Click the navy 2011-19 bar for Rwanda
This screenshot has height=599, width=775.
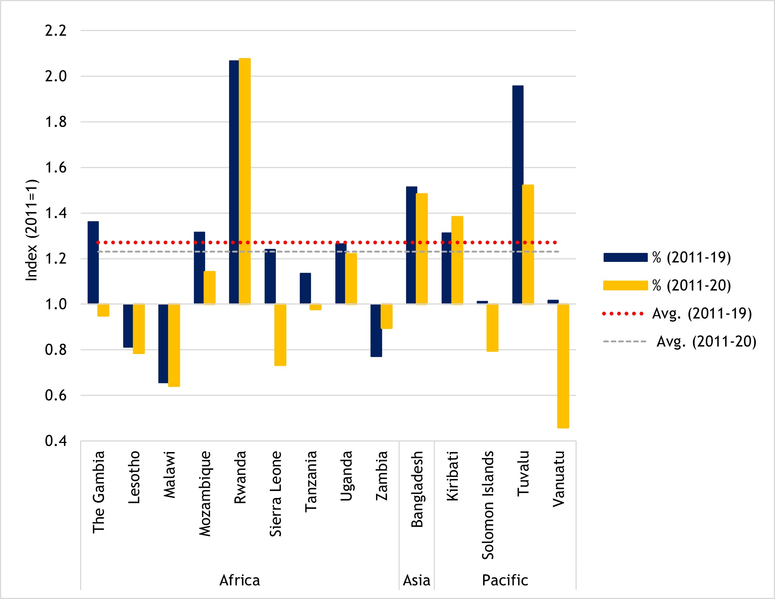click(234, 182)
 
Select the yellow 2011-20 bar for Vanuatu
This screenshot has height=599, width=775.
click(563, 366)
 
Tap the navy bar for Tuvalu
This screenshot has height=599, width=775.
click(518, 195)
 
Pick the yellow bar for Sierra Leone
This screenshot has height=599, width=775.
click(280, 334)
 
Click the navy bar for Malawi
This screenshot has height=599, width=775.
click(163, 343)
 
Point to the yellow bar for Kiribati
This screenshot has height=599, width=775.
click(457, 260)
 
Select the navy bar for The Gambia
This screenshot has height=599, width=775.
click(93, 262)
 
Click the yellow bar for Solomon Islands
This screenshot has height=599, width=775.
click(492, 327)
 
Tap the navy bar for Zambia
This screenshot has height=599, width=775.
click(376, 330)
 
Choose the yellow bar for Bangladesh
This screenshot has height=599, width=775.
click(421, 248)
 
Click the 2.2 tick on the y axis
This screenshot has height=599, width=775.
click(56, 31)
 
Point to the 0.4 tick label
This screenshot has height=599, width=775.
click(56, 441)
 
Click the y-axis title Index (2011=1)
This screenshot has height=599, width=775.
click(32, 230)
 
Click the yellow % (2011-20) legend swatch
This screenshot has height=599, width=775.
click(625, 285)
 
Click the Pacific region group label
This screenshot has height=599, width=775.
click(505, 580)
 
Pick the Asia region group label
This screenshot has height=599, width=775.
click(417, 580)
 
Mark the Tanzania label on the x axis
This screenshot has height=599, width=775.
click(311, 481)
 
